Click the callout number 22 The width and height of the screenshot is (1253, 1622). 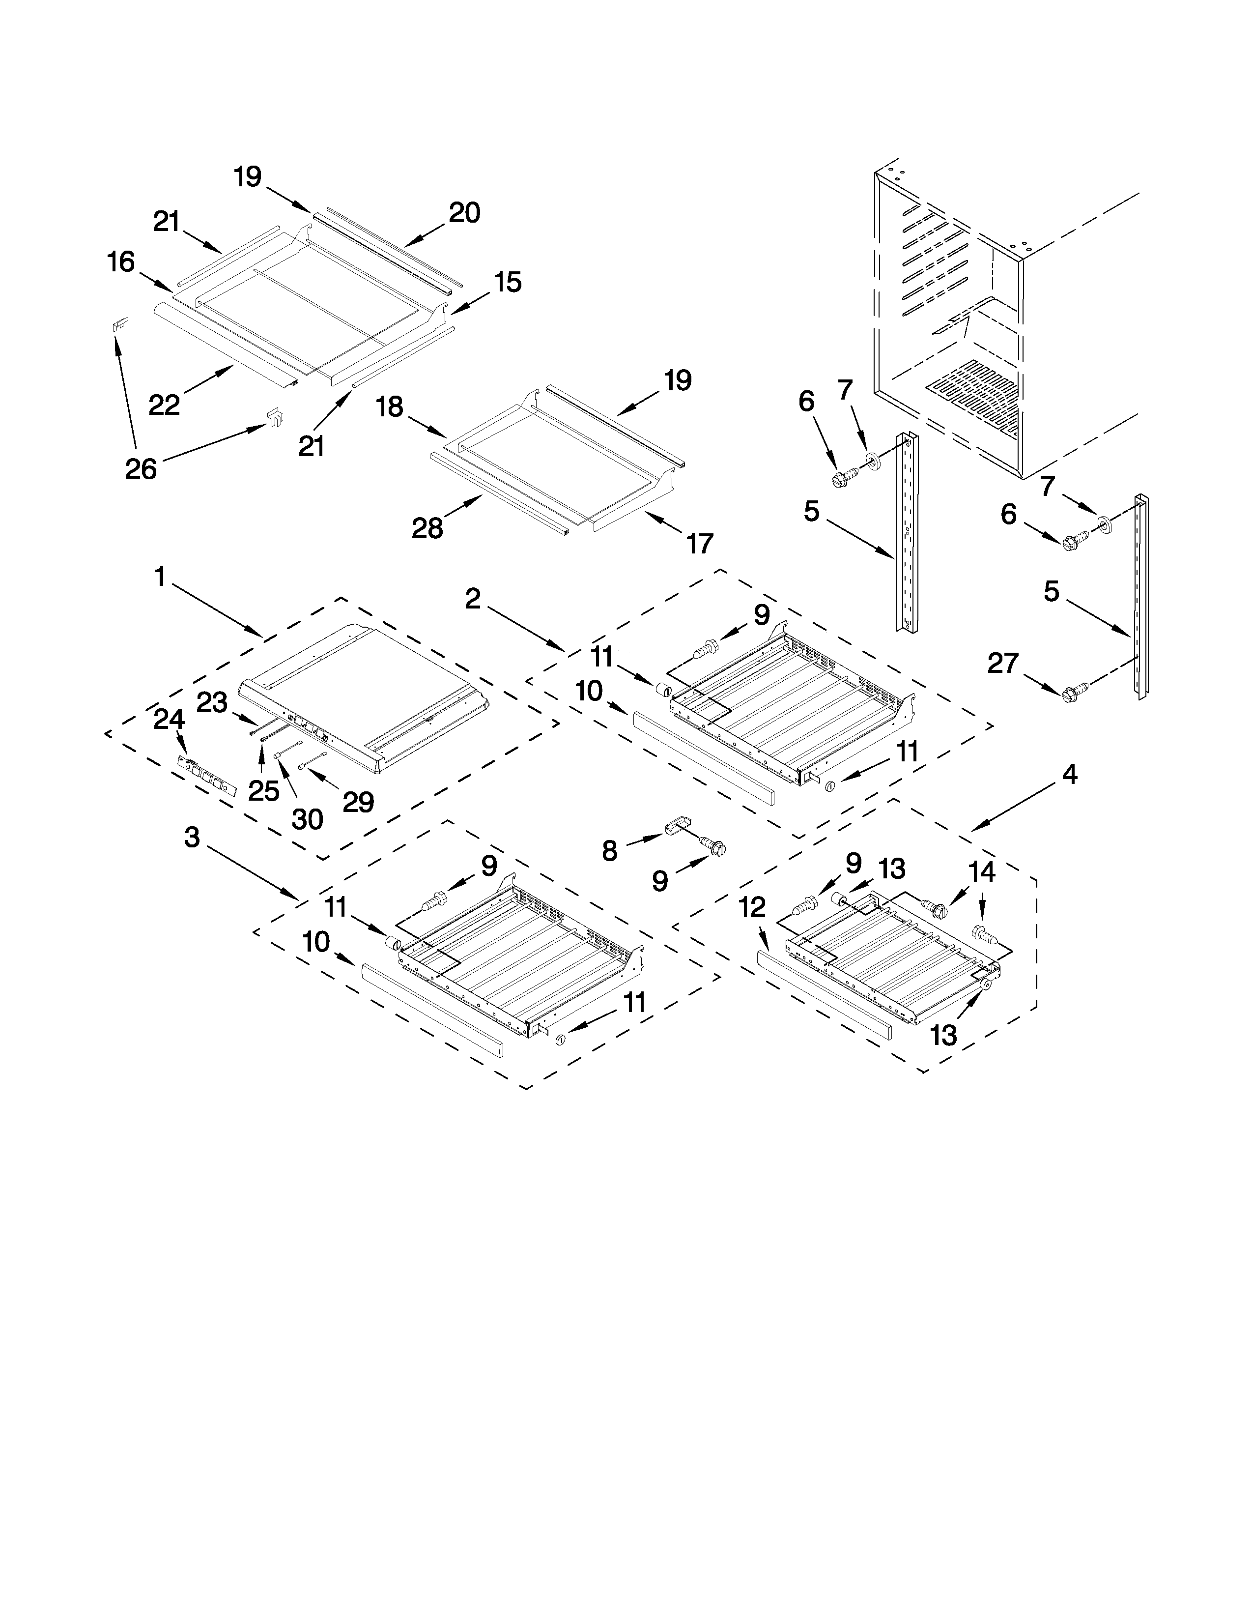(164, 404)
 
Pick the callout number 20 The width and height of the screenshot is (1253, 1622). (465, 213)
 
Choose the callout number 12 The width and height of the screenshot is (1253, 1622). (752, 907)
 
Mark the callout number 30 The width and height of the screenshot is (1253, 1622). (307, 819)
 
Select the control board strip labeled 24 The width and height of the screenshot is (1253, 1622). (207, 773)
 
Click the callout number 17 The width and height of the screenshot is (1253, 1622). (699, 544)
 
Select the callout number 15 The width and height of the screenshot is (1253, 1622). (508, 282)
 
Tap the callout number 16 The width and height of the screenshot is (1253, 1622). (121, 261)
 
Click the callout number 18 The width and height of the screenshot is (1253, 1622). (389, 406)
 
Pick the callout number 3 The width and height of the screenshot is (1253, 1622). (192, 837)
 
